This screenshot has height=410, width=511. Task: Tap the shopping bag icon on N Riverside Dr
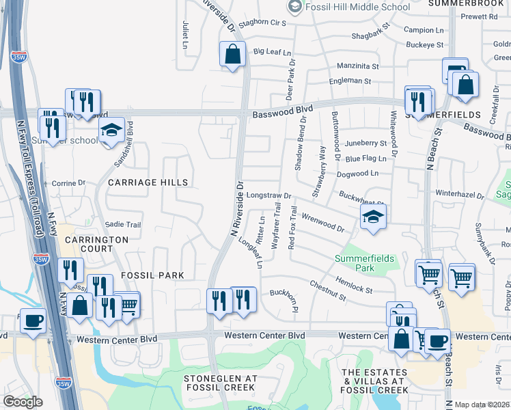(232, 54)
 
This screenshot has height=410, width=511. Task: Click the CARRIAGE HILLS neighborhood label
(147, 182)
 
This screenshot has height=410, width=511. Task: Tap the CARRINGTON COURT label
(96, 245)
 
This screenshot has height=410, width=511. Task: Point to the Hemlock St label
(353, 285)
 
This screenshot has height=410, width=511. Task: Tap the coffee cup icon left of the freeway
(33, 320)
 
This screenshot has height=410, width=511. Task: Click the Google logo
(23, 402)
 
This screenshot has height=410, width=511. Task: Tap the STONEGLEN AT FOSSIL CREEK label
(220, 383)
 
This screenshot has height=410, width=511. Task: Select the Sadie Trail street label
(123, 225)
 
